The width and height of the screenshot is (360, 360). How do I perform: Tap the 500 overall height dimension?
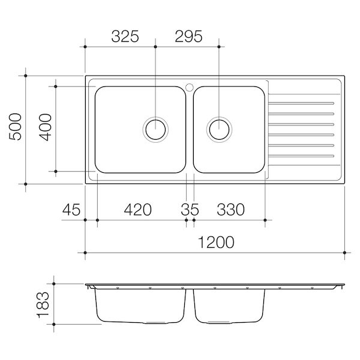coord(16,128)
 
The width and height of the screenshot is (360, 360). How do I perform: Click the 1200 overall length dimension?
coord(215,242)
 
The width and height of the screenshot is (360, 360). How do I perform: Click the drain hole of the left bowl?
coord(156,128)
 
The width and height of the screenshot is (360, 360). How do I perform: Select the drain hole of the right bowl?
coord(219,128)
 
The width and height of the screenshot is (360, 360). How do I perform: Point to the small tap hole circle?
coord(190,86)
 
